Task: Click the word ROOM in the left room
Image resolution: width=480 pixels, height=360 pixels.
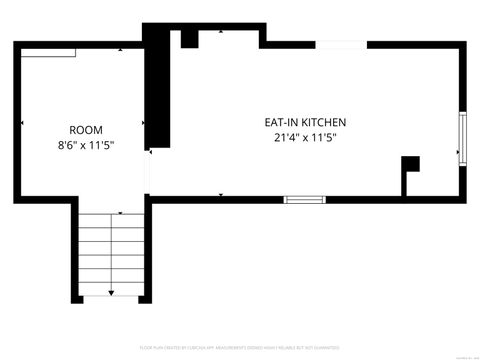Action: click(85, 130)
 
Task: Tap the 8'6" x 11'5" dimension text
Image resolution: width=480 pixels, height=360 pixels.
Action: click(85, 145)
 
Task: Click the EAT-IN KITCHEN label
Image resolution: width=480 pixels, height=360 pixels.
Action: click(305, 122)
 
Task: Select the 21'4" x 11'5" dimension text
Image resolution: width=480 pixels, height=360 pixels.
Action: click(305, 138)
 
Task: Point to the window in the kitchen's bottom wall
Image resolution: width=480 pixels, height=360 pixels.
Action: click(305, 199)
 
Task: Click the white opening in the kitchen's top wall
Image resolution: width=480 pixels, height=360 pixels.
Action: click(341, 44)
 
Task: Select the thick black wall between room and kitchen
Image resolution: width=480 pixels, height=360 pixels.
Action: click(156, 90)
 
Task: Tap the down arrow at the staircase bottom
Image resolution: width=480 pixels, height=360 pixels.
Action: click(111, 291)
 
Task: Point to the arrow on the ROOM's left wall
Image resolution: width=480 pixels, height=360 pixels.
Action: click(23, 122)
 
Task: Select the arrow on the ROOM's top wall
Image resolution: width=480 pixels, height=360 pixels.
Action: click(121, 50)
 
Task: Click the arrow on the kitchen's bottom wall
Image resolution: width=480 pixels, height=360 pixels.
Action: click(222, 194)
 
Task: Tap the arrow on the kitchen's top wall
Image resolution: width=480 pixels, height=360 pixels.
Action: click(222, 33)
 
